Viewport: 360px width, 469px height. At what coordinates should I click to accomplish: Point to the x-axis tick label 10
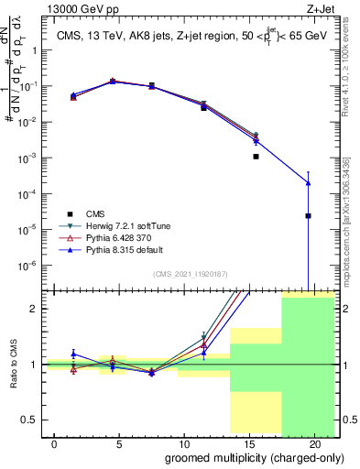tap(183, 443)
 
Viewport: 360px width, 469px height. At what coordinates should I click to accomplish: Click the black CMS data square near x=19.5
tap(308, 216)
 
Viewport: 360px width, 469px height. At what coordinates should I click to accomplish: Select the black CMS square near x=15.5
tap(256, 157)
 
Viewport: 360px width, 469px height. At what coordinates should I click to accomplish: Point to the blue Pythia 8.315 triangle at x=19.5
tap(308, 183)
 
